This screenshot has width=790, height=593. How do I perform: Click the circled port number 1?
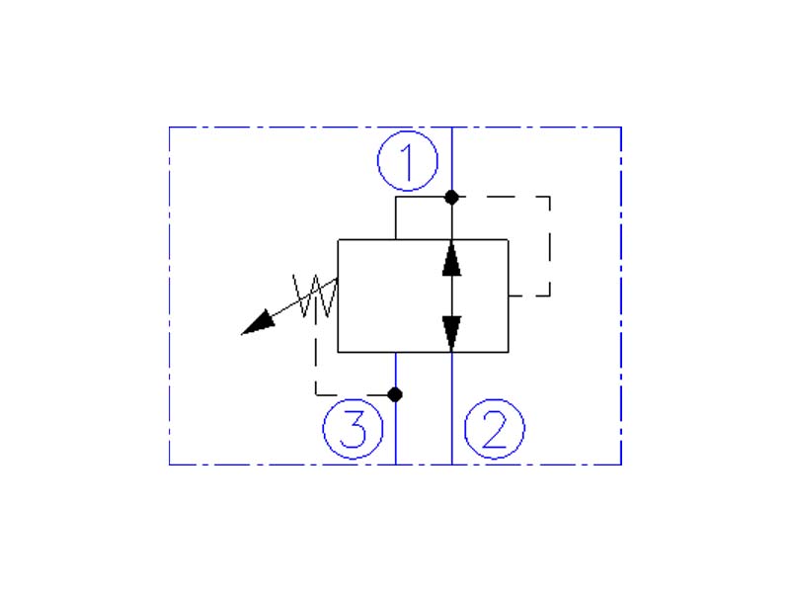[407, 161]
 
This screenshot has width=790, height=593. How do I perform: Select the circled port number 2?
[495, 429]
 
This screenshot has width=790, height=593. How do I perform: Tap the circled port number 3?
[353, 429]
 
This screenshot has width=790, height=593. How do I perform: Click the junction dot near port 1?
[451, 197]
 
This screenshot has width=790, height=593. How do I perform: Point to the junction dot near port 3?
[395, 394]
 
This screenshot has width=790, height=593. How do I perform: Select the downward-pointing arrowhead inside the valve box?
[451, 332]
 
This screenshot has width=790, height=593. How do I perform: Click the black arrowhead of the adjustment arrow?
[258, 323]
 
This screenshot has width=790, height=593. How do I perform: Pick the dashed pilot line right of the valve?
[549, 247]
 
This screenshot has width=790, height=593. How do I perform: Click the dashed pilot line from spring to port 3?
[316, 366]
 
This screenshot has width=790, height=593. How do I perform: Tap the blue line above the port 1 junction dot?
[451, 158]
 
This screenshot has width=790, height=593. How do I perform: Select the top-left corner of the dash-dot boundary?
[170, 127]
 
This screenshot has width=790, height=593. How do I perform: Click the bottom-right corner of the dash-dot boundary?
[620, 464]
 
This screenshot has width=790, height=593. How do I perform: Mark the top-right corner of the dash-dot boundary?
[620, 127]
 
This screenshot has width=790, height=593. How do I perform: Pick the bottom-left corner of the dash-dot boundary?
[170, 464]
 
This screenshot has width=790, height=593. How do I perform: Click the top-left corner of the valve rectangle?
[338, 239]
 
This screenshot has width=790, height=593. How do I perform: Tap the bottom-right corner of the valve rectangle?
[509, 352]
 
